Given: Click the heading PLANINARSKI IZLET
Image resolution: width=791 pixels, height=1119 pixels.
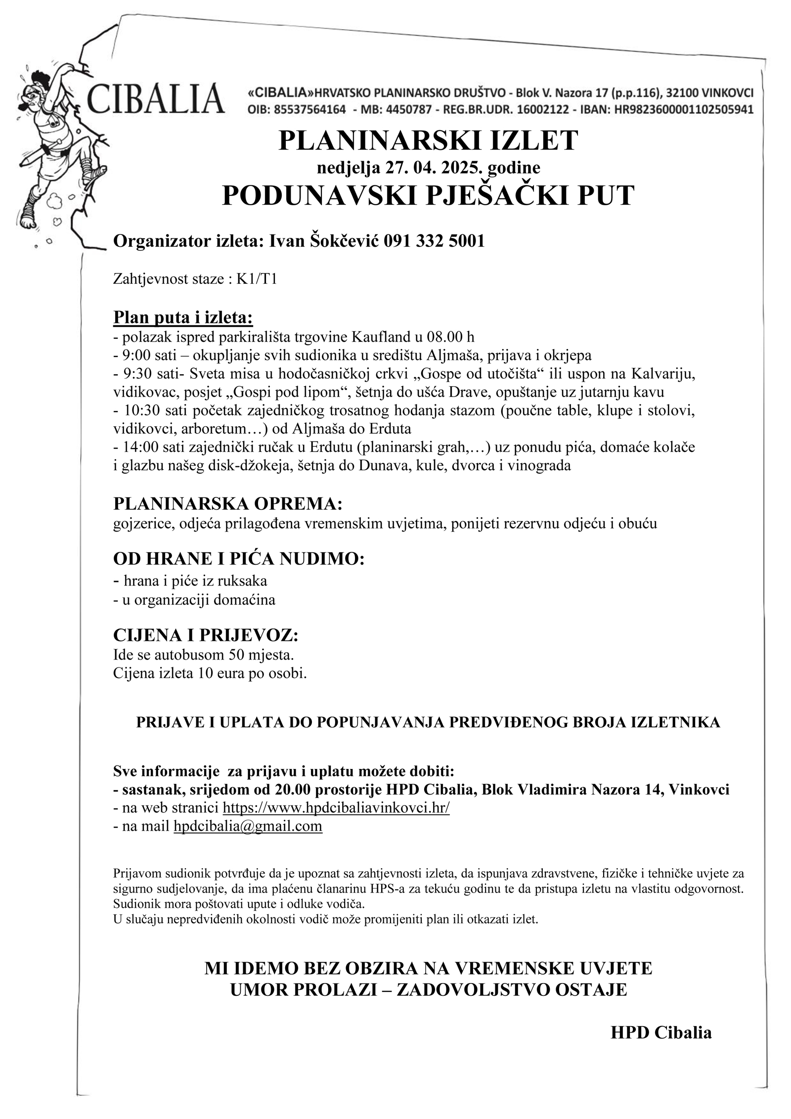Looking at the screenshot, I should pyautogui.click(x=428, y=140).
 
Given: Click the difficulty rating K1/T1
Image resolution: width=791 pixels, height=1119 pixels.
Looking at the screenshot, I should pyautogui.click(x=257, y=279).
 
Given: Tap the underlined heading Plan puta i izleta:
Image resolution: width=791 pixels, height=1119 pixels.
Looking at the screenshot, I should pyautogui.click(x=183, y=317).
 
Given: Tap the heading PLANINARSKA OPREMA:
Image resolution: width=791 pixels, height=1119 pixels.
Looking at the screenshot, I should pyautogui.click(x=228, y=504).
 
